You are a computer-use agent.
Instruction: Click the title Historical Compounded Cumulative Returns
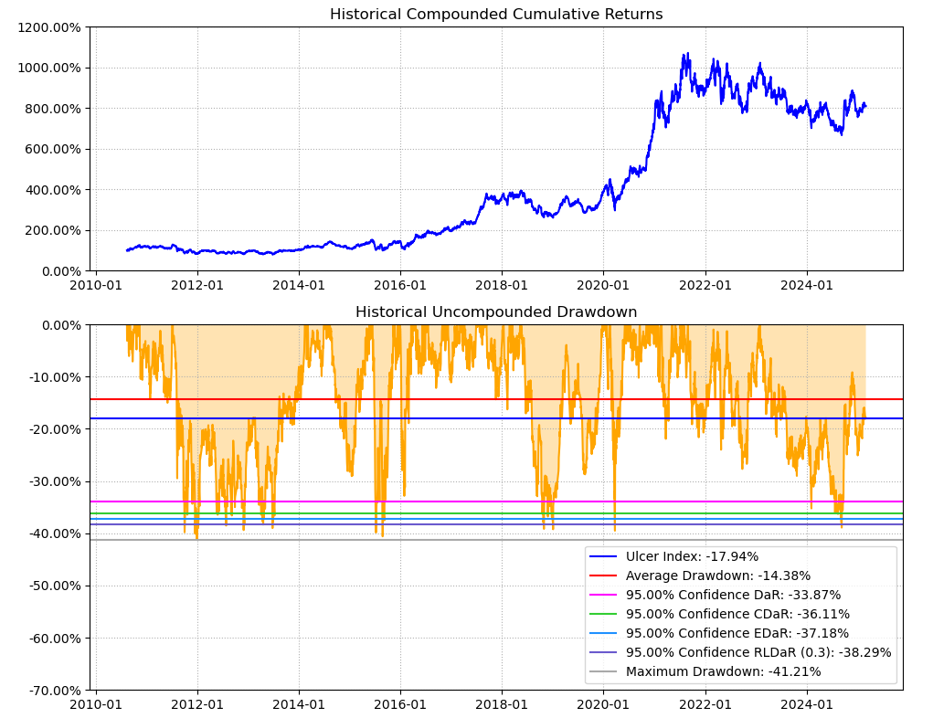[x=496, y=15]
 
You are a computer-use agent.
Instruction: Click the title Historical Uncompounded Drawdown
[x=496, y=312]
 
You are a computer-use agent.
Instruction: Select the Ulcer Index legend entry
[x=692, y=556]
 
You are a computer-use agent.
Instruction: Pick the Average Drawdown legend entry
[x=717, y=575]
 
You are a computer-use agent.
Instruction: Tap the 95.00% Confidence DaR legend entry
[x=733, y=595]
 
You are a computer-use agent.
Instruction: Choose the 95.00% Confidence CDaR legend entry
[x=737, y=614]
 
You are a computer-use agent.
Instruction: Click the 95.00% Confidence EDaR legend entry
[x=737, y=633]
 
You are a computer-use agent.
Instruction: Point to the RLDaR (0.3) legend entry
[x=758, y=652]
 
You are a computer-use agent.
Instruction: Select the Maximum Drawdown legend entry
[x=723, y=671]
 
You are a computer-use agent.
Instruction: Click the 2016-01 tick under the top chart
[x=400, y=285]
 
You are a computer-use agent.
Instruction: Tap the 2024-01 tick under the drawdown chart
[x=807, y=704]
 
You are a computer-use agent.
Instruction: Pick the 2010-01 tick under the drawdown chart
[x=96, y=704]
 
